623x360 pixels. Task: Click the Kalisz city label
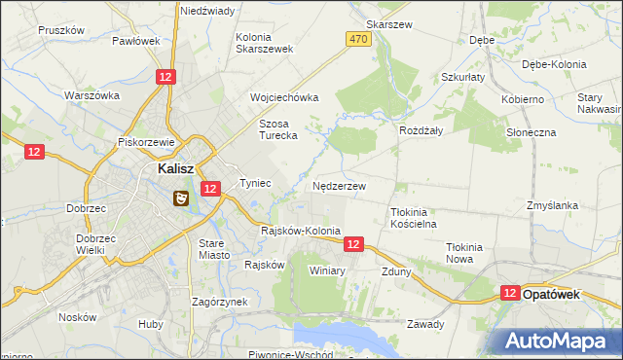pyautogui.click(x=180, y=167)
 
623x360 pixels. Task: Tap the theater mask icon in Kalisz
pyautogui.click(x=180, y=198)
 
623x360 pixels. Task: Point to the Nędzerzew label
pyautogui.click(x=339, y=185)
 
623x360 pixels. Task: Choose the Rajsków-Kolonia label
pyautogui.click(x=301, y=231)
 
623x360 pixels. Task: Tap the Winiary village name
pyautogui.click(x=327, y=270)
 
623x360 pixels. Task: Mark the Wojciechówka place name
pyautogui.click(x=284, y=97)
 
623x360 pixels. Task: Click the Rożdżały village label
pyautogui.click(x=421, y=129)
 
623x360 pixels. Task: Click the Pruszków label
pyautogui.click(x=61, y=30)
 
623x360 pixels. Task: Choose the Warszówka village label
pyautogui.click(x=92, y=95)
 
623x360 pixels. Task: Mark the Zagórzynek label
pyautogui.click(x=219, y=302)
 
